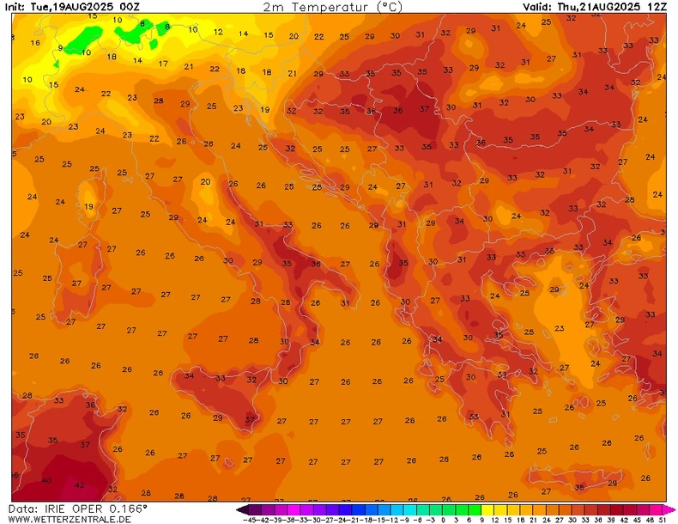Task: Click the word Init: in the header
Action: (15, 6)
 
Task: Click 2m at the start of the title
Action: (274, 6)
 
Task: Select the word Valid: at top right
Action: (538, 6)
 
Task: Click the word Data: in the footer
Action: (23, 509)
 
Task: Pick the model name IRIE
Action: (54, 509)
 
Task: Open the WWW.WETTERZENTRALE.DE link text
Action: (70, 519)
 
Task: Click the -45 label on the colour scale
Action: (251, 519)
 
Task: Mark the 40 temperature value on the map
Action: (46, 480)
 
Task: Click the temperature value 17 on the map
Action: (163, 64)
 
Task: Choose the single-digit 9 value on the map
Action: (60, 48)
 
